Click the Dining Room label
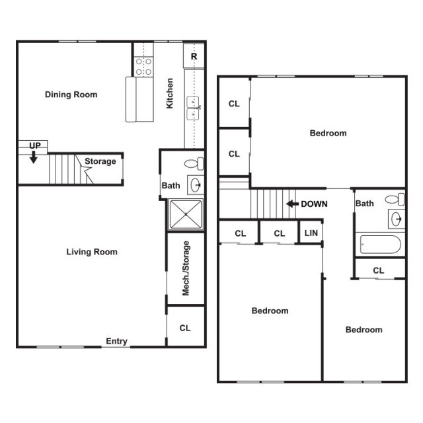point(71,95)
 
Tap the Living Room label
point(92,252)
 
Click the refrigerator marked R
point(194,57)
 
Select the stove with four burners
point(143,66)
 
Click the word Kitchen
point(171,93)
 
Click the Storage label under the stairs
point(100,161)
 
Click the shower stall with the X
point(186,213)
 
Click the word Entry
point(116,342)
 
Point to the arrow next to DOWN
point(291,204)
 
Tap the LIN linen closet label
point(310,233)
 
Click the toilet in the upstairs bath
point(395,198)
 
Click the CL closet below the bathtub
point(379,270)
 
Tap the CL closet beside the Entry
point(186,328)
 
